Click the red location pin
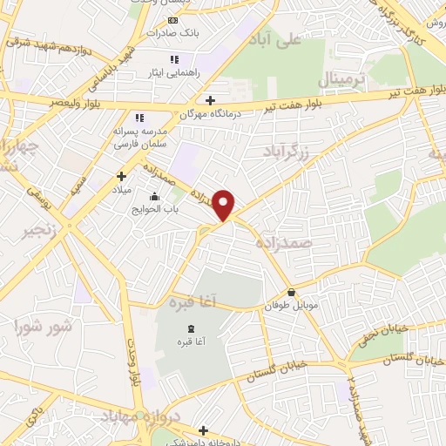[x=225, y=205]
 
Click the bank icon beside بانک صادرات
[x=172, y=19]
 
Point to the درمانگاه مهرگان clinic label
[x=209, y=113]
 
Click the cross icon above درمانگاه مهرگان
[x=210, y=98]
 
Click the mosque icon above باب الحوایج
[x=155, y=195]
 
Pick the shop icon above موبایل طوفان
[x=290, y=293]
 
